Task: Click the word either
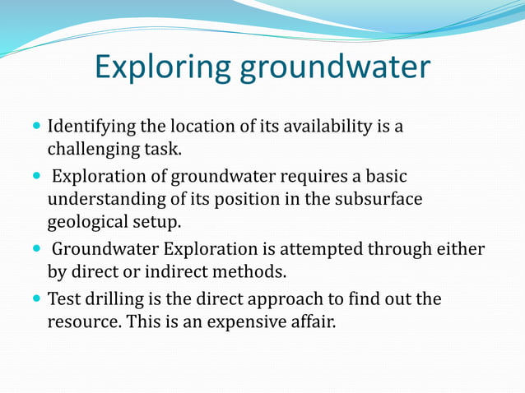click(462, 249)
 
